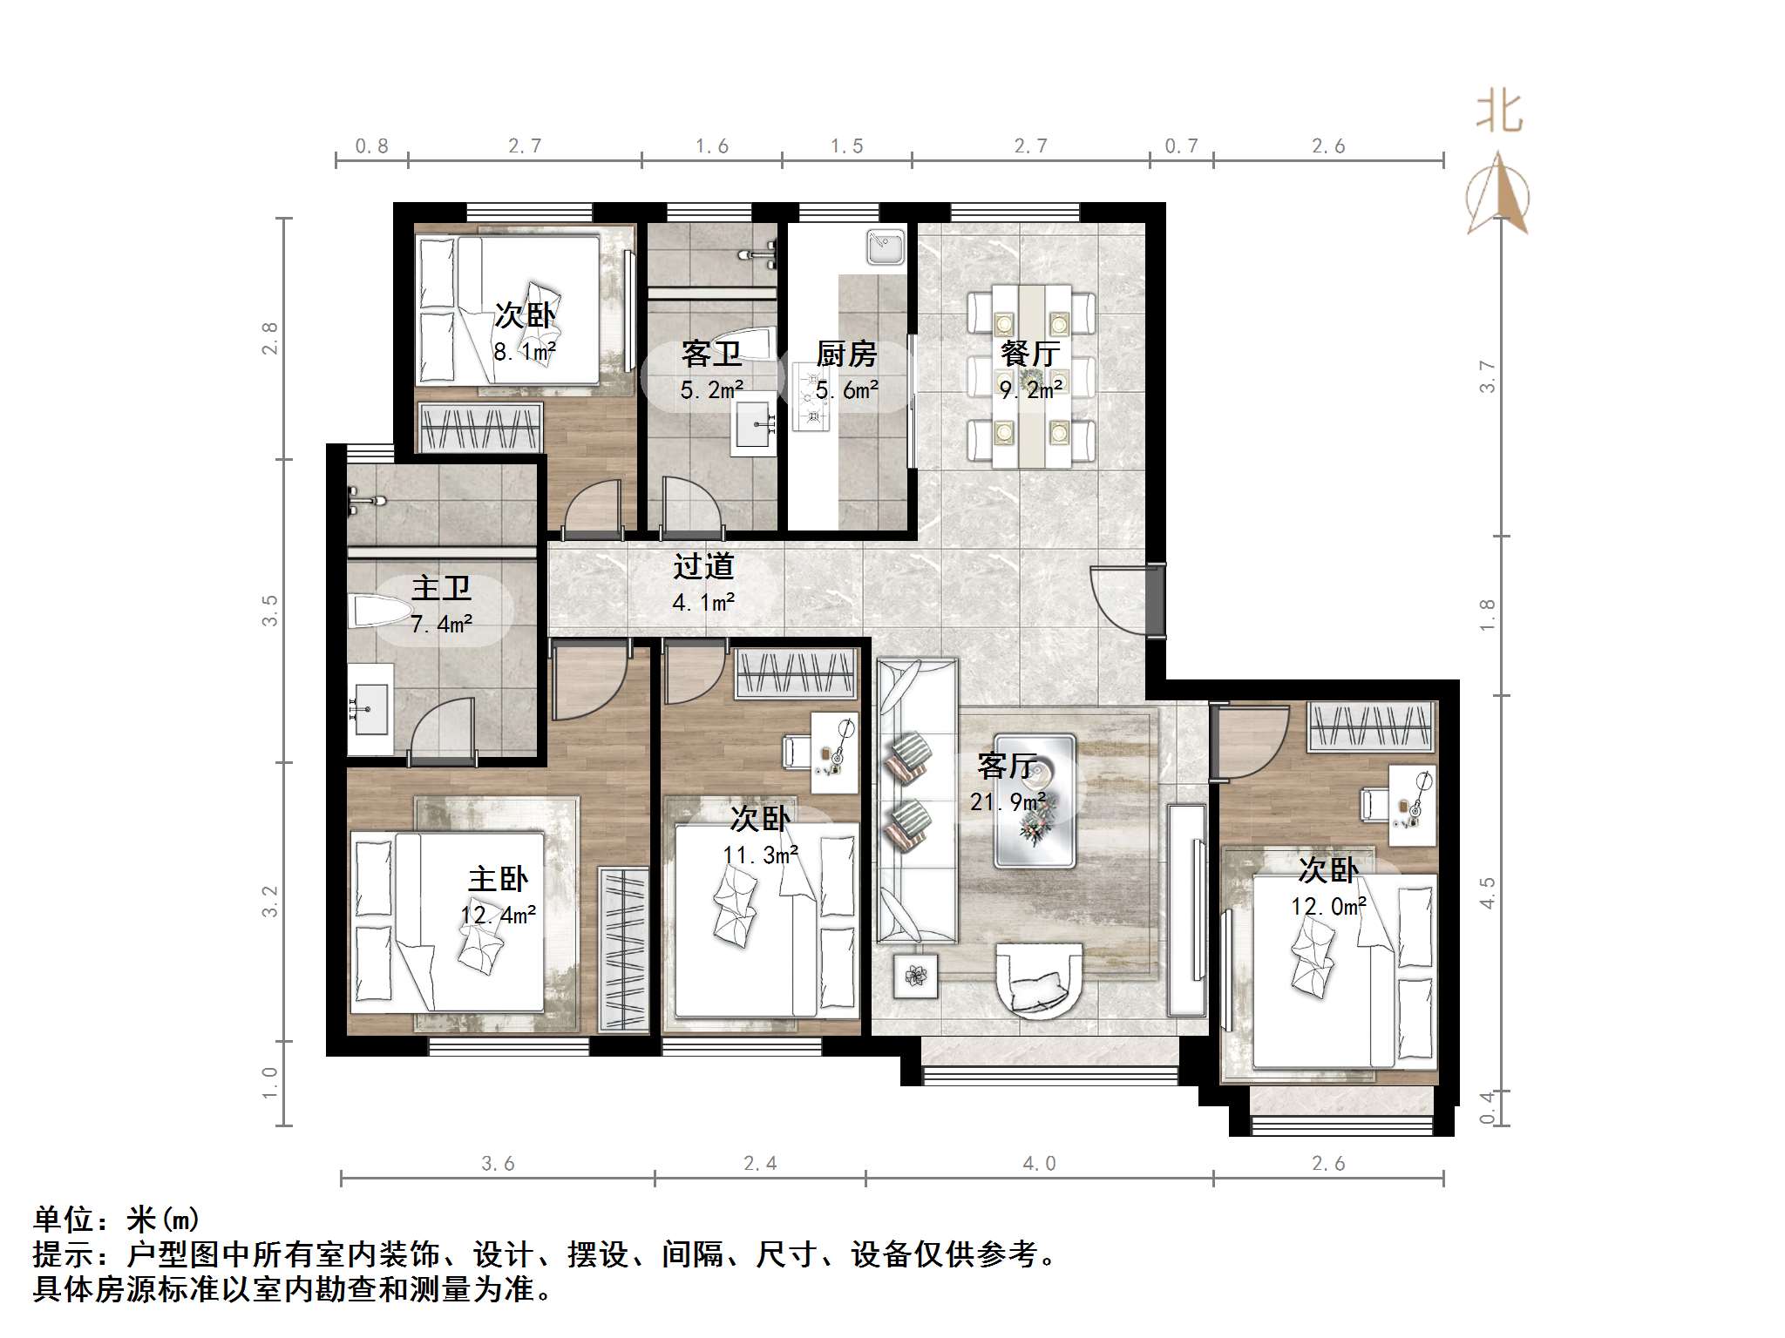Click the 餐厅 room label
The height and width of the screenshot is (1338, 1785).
point(1030,354)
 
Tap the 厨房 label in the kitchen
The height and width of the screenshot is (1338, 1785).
point(846,355)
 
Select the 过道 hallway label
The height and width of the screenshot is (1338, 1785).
point(703,567)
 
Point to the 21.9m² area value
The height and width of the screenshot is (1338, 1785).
point(1008,801)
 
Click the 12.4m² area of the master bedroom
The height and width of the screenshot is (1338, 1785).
point(499,915)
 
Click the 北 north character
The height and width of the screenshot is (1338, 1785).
point(1499,113)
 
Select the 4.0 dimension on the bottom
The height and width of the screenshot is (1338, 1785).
point(1039,1164)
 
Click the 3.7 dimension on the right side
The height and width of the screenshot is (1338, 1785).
point(1487,376)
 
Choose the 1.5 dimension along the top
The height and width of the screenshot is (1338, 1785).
point(846,146)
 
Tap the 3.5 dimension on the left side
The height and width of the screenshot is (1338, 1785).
point(270,610)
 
